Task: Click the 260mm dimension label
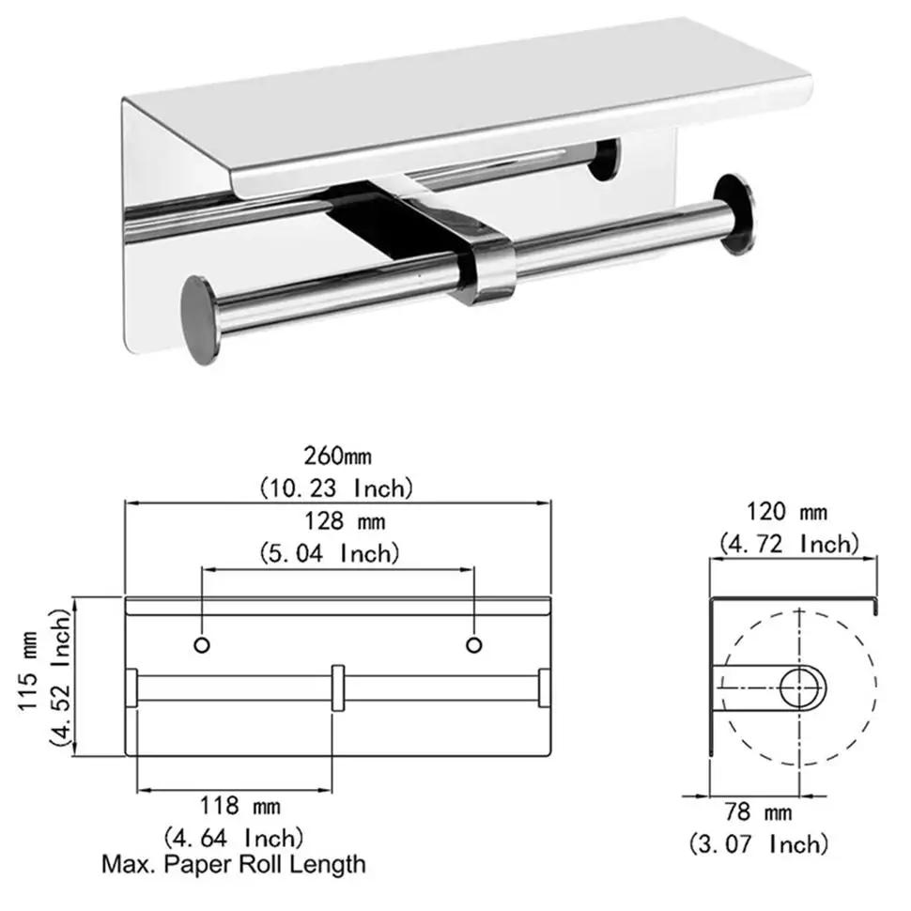click(337, 457)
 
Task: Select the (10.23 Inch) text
click(336, 487)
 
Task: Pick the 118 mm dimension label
click(234, 805)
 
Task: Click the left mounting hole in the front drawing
click(200, 644)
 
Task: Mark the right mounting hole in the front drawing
click(474, 644)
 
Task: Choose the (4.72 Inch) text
click(789, 543)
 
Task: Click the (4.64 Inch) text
click(234, 836)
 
